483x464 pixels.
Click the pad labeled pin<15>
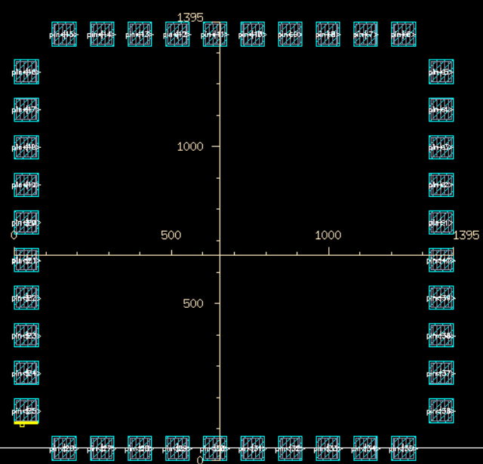point(64,34)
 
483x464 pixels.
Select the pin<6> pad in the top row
point(404,34)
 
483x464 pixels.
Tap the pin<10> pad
point(253,34)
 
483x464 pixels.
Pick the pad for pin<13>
point(140,34)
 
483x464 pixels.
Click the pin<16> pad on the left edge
point(26,72)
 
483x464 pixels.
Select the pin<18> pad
point(26,147)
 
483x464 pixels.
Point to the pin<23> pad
point(26,336)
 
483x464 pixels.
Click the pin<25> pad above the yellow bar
point(26,411)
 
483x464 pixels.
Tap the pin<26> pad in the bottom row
point(64,448)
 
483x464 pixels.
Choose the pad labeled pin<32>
point(291,448)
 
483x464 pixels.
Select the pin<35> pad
point(404,448)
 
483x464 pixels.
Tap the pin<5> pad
point(441,72)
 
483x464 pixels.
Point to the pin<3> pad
point(441,147)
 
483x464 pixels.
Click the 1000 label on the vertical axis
point(190,146)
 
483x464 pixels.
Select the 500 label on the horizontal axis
point(171,235)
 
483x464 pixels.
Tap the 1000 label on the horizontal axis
point(328,235)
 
